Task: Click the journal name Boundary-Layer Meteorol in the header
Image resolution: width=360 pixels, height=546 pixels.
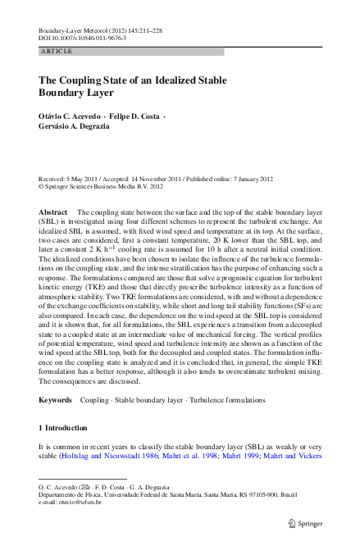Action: pos(72,30)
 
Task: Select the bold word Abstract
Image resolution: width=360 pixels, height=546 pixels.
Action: pos(53,212)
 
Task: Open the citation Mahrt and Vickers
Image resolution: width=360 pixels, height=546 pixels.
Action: pos(301,453)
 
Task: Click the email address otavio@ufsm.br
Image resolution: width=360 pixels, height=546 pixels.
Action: pos(88,503)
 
